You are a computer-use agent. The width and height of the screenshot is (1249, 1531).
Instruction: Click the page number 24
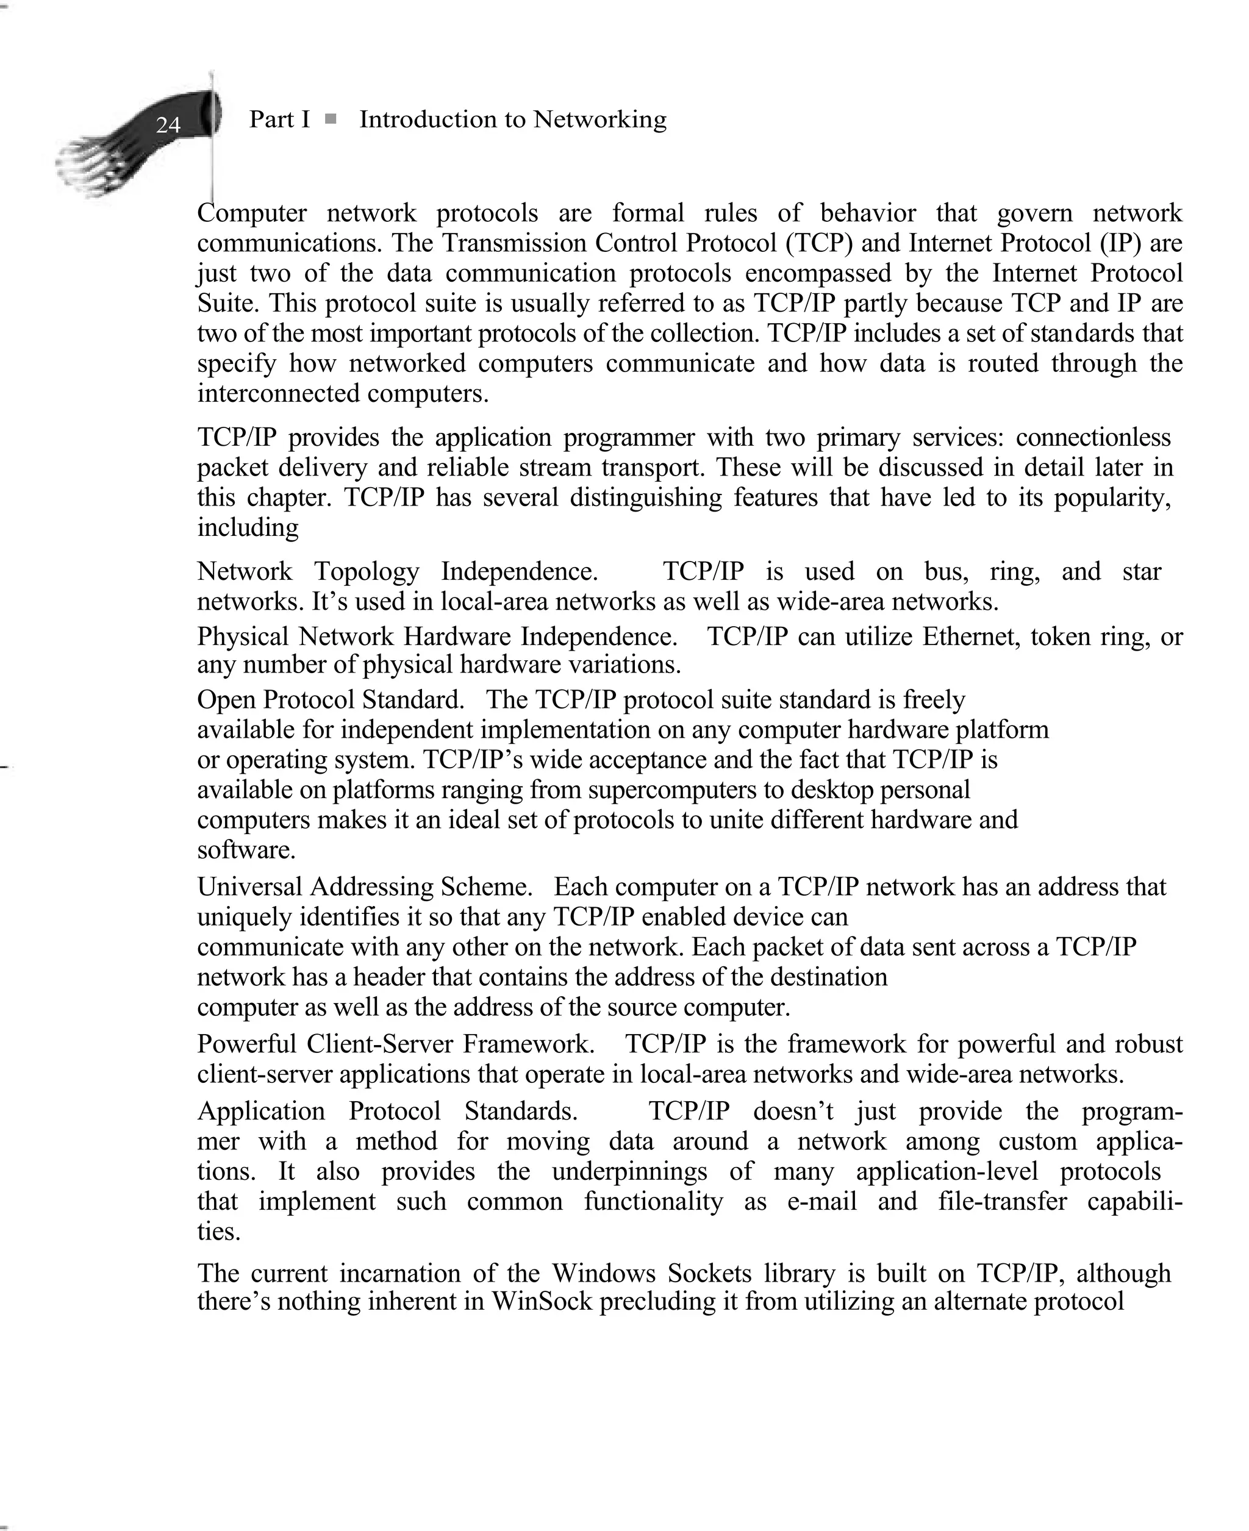pos(168,125)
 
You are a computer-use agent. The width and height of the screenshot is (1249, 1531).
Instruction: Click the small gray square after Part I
pos(331,120)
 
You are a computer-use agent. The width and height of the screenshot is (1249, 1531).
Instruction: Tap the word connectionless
pos(1093,437)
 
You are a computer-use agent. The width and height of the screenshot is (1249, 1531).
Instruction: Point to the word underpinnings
pos(629,1171)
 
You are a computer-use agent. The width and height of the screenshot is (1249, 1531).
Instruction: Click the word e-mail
pos(822,1202)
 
